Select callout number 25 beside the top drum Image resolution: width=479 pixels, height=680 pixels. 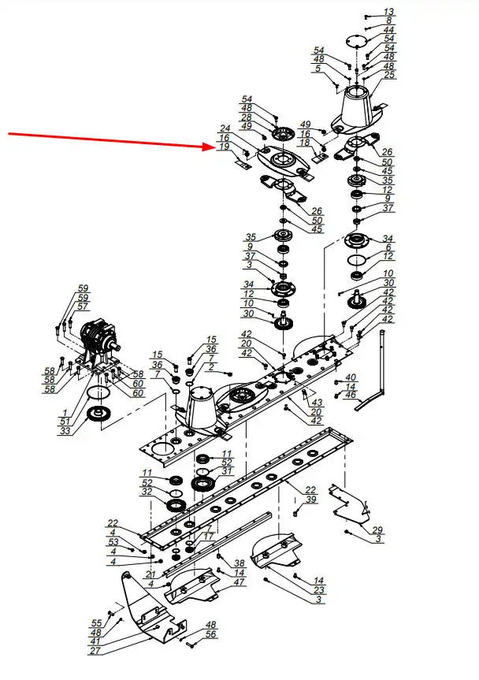click(388, 75)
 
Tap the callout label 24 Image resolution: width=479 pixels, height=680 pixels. click(225, 128)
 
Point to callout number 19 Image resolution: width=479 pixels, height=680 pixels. click(225, 147)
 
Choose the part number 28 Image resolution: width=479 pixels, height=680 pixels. click(247, 117)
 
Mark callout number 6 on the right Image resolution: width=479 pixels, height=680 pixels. click(388, 247)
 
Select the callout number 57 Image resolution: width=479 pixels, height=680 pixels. click(83, 307)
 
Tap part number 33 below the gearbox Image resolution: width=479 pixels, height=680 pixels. click(65, 431)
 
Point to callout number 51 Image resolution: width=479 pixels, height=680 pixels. click(65, 422)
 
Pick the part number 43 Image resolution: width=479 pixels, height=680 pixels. click(317, 402)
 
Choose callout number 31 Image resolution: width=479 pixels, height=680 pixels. click(228, 471)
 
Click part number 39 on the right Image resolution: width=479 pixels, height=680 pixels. click(310, 500)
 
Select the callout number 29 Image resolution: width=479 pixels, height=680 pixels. click(377, 530)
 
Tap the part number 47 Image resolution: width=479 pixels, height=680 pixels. click(239, 582)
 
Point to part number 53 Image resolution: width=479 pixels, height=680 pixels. click(113, 542)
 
